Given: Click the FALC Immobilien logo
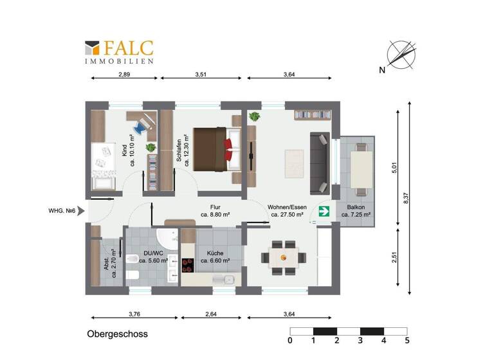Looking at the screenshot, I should (x=119, y=52).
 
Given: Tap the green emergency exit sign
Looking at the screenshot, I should (x=324, y=210).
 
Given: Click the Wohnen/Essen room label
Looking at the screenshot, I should (x=287, y=211).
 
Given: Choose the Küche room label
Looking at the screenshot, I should (x=212, y=257).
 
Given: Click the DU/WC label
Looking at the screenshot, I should (x=154, y=257).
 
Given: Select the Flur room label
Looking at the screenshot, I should (x=215, y=211).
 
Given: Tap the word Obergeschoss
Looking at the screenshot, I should (x=117, y=334).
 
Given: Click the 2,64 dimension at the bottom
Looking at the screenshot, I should (x=211, y=314).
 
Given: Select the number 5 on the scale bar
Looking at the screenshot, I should (x=407, y=340).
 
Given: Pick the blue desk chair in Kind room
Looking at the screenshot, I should (x=140, y=124).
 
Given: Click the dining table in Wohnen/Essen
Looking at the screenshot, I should (x=283, y=257).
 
